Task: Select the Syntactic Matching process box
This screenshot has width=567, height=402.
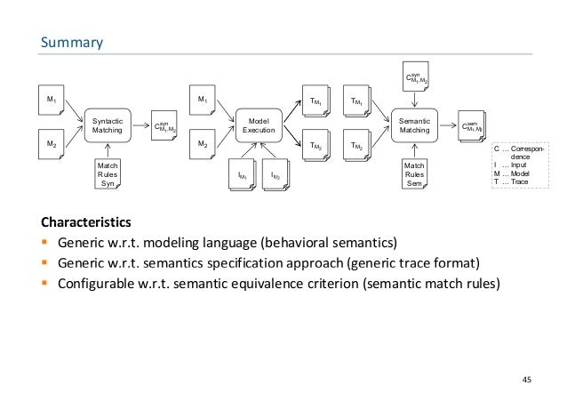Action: click(x=110, y=124)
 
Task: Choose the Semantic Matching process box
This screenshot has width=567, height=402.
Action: click(x=414, y=124)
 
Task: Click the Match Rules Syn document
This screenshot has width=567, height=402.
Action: click(x=108, y=173)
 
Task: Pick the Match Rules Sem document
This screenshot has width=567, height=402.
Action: click(x=414, y=173)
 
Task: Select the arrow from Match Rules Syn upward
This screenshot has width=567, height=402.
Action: click(x=109, y=150)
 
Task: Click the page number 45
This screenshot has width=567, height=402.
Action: click(x=525, y=380)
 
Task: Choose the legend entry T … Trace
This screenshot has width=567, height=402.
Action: click(x=516, y=181)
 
